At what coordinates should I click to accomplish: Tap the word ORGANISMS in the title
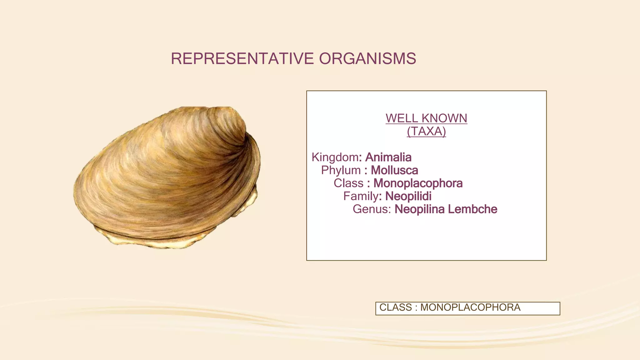[x=367, y=58]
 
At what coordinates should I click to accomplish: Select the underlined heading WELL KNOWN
[x=426, y=118]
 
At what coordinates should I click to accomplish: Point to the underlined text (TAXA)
[x=426, y=131]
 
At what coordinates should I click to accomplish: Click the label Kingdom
[x=335, y=157]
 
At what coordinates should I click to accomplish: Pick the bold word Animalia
[x=388, y=157]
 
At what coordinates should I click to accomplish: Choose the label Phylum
[x=341, y=170]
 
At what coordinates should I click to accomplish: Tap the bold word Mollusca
[x=394, y=170]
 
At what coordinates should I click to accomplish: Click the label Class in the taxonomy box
[x=348, y=183]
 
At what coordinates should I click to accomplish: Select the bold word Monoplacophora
[x=418, y=183]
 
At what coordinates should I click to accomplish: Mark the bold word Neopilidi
[x=408, y=196]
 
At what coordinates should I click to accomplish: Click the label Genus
[x=372, y=209]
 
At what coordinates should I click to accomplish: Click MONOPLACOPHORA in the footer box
[x=470, y=307]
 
